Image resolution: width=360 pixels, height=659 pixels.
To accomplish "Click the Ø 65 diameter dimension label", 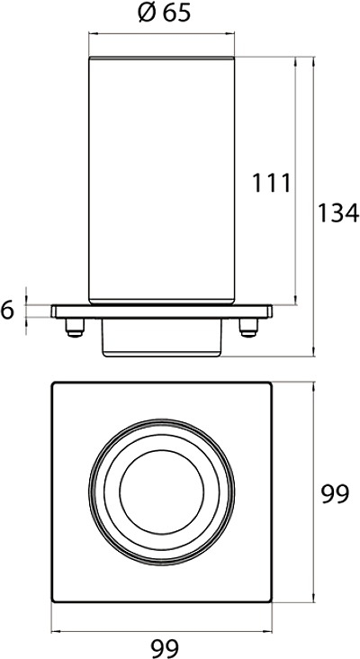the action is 165,13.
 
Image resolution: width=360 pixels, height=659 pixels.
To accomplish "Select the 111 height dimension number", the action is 272,184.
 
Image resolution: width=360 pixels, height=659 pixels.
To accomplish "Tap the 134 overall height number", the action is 338,212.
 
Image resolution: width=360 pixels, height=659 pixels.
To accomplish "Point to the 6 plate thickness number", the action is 7,311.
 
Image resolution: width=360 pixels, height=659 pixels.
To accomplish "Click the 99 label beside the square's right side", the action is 335,494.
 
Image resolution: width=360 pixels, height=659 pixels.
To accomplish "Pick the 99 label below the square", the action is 165,647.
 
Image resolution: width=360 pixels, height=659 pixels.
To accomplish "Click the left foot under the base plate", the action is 75,328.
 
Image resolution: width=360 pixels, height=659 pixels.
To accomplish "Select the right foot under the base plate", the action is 248,328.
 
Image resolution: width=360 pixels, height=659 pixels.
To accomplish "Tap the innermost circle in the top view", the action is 120,492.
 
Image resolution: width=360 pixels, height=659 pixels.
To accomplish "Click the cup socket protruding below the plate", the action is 162,338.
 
